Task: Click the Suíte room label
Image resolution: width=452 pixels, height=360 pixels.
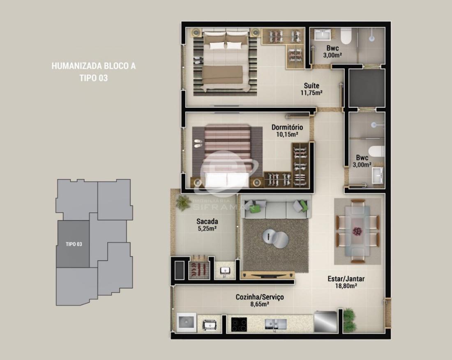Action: [x=311, y=85]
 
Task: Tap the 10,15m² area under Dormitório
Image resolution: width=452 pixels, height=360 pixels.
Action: [x=287, y=134]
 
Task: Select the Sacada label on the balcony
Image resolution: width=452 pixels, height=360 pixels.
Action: [x=207, y=221]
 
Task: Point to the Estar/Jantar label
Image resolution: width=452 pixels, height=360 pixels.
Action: [x=346, y=279]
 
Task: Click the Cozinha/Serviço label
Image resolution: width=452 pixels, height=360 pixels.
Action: [x=260, y=297]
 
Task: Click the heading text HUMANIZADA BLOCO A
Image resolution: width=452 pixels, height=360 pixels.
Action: [x=93, y=66]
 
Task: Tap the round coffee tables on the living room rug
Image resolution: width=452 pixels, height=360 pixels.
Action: [x=275, y=238]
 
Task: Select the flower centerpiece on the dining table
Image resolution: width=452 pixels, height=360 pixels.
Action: [x=357, y=231]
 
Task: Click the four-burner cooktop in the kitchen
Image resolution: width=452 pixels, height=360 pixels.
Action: [x=239, y=324]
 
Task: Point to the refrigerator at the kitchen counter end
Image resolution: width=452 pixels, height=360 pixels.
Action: [x=325, y=321]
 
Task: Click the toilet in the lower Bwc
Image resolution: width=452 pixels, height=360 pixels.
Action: [x=376, y=151]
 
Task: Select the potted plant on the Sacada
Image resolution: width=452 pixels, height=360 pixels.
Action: [x=183, y=202]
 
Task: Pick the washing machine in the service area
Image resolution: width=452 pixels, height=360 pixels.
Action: [x=186, y=322]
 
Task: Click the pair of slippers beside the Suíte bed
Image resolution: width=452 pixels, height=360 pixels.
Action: [x=198, y=60]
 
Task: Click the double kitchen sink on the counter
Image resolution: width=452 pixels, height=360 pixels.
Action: [x=276, y=324]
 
